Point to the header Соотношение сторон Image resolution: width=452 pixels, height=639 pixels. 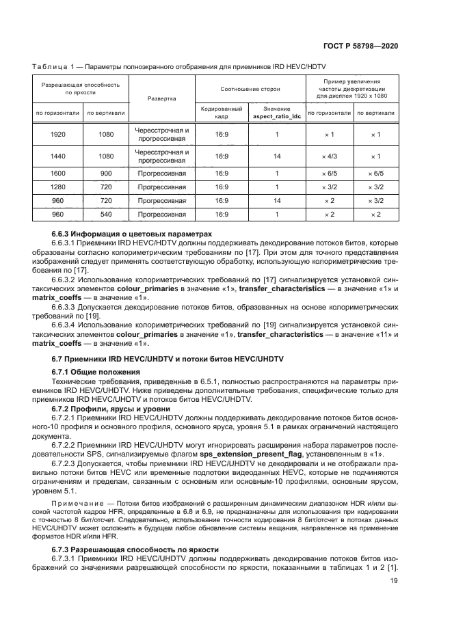click(250, 89)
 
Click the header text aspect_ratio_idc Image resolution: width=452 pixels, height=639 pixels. click(277, 117)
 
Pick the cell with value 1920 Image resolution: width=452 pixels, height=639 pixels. click(58, 135)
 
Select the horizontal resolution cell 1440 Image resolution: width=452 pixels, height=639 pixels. click(58, 157)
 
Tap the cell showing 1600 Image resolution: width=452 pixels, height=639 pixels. click(58, 174)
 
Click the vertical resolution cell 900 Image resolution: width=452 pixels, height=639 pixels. click(106, 174)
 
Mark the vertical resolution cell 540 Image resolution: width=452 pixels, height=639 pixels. click(106, 214)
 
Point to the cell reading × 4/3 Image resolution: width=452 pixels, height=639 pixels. click(329, 157)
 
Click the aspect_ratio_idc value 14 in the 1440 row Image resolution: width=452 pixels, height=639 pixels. click(277, 157)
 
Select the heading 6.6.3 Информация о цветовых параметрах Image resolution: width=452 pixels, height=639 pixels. click(128, 234)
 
